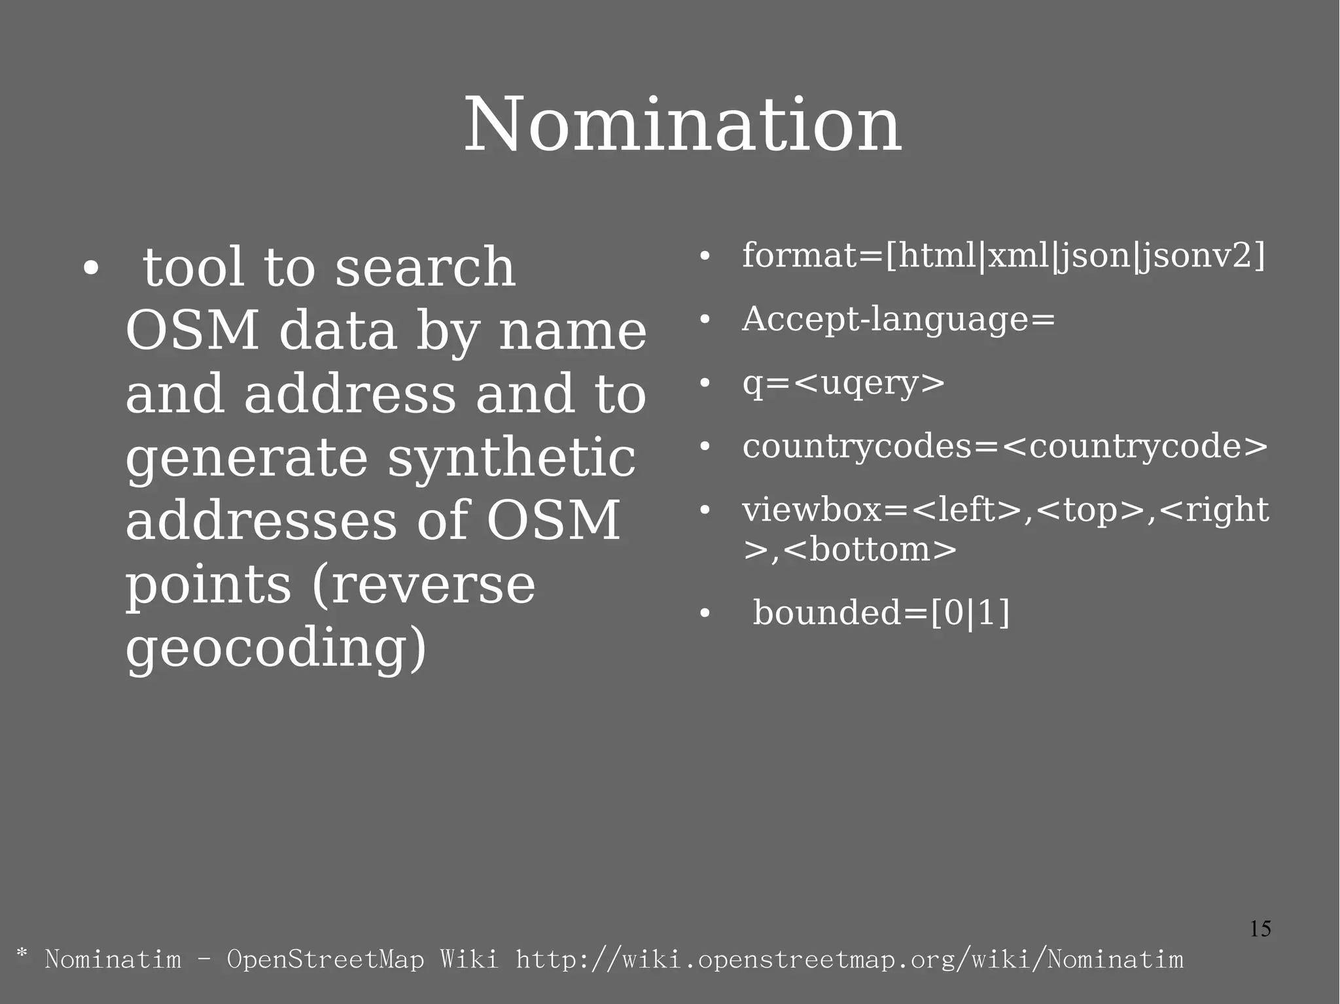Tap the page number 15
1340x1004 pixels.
(1260, 929)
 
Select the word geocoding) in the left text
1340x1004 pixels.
(275, 647)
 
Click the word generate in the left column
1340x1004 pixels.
(247, 459)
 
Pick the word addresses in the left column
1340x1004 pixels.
(261, 521)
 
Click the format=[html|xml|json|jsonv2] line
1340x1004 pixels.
(1003, 256)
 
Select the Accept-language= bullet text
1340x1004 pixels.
(898, 320)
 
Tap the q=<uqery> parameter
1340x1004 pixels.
(843, 383)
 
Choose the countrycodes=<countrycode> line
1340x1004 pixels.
(1005, 447)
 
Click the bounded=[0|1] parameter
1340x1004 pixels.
(881, 614)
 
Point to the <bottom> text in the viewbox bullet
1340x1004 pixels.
(870, 549)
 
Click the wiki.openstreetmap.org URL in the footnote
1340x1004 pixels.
(849, 960)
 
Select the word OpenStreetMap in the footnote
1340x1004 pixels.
(325, 960)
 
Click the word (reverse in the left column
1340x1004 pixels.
(423, 585)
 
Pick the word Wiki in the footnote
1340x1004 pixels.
(468, 960)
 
